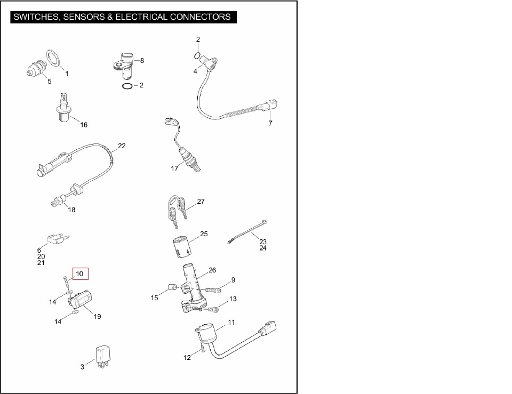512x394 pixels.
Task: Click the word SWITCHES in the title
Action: (35, 17)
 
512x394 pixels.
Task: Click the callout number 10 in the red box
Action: (80, 274)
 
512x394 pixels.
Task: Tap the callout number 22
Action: (122, 146)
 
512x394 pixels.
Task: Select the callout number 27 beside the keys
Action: (201, 202)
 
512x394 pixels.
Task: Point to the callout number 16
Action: (84, 125)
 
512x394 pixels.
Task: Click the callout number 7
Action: (270, 123)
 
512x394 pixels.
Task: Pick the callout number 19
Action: (98, 316)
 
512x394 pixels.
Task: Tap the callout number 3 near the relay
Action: (83, 367)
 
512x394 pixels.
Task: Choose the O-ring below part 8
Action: (126, 86)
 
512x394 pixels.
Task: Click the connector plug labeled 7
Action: (267, 106)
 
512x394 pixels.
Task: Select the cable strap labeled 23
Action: (248, 231)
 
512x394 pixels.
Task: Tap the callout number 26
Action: (212, 270)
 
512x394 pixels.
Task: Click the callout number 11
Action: (231, 322)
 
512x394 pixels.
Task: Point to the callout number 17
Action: (174, 169)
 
